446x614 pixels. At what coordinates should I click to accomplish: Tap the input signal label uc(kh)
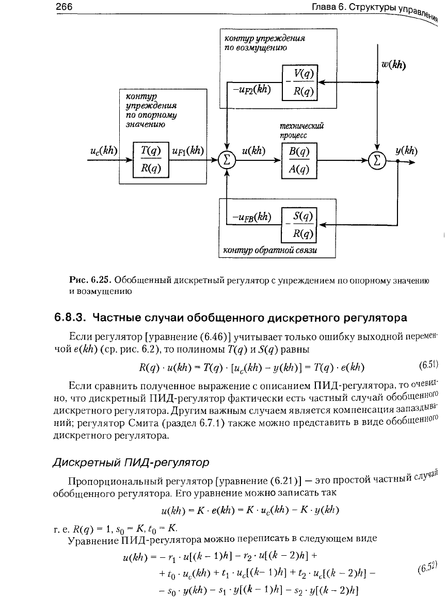click(x=103, y=151)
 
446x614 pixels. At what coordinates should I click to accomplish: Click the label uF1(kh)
click(x=188, y=151)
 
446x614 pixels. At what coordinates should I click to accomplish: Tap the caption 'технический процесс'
click(x=297, y=130)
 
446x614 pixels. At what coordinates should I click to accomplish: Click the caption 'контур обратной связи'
click(x=269, y=251)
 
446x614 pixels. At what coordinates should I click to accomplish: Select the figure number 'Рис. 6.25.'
click(x=90, y=280)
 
